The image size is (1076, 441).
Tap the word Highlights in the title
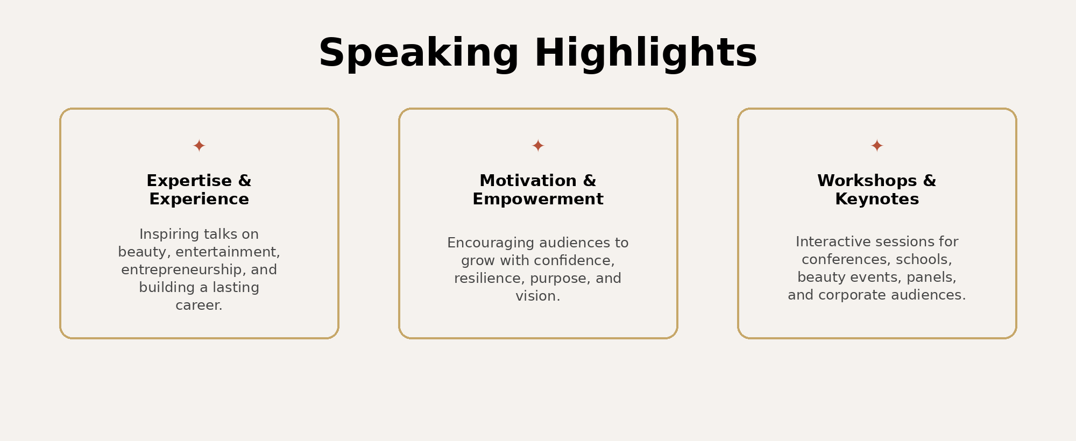[646, 53]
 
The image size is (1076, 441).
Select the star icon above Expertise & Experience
[199, 146]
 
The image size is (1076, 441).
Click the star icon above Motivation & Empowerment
[538, 146]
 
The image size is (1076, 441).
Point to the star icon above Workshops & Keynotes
[877, 146]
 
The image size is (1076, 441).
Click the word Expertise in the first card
[189, 181]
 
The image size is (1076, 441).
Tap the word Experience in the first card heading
[199, 200]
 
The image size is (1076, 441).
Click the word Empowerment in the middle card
[538, 200]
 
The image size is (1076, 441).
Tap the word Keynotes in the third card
[877, 200]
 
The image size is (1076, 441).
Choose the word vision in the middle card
[536, 296]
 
